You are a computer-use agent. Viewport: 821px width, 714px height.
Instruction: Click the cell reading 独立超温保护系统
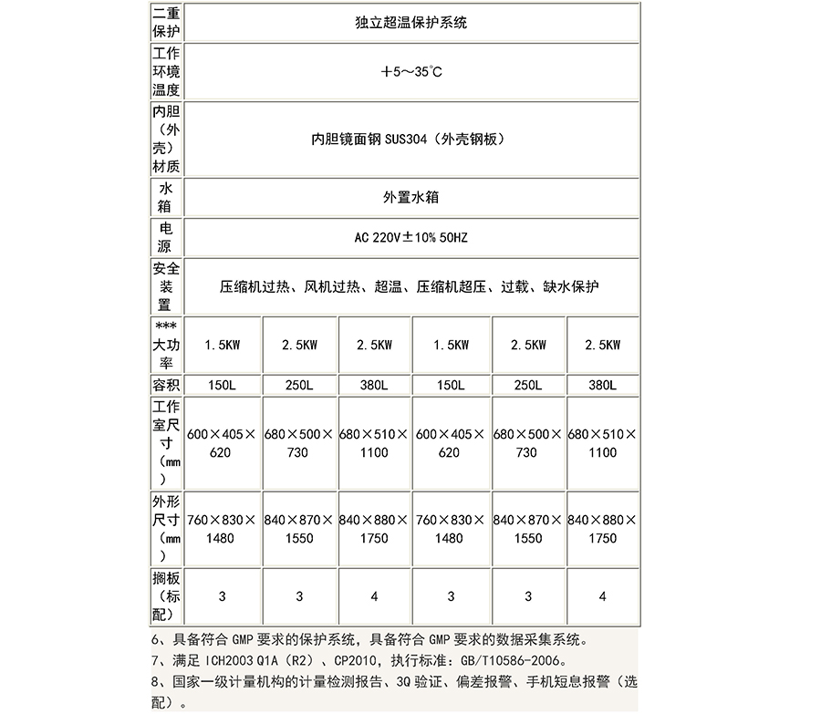pos(410,22)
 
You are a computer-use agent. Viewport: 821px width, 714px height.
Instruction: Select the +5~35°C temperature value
pos(410,72)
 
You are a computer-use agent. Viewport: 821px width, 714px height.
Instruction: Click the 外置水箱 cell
pos(410,197)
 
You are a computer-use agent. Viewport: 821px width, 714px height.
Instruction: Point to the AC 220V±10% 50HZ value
pos(410,238)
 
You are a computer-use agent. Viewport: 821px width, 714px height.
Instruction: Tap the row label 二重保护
pos(166,22)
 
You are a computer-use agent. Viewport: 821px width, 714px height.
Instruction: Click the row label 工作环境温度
pos(166,72)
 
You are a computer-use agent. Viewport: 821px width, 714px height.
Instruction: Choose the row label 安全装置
pos(166,286)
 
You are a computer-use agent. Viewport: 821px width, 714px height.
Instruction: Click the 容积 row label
pos(166,385)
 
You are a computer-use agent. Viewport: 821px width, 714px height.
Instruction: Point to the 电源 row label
pos(166,237)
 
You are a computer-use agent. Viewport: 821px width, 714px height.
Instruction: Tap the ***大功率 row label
pos(166,345)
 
